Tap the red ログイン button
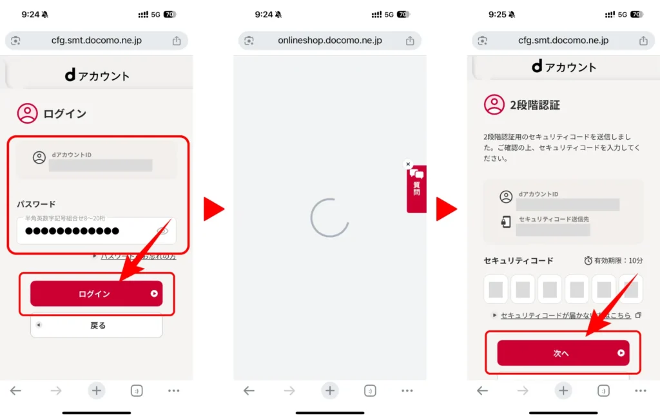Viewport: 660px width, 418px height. point(95,294)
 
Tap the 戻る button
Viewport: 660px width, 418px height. point(97,325)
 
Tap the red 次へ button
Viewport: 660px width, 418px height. point(562,353)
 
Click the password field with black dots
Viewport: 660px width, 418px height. point(84,231)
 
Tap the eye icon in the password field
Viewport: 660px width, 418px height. point(162,231)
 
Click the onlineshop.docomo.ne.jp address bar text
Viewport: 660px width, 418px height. point(329,41)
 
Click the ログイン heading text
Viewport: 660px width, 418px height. point(64,114)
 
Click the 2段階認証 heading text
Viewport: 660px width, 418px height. point(535,105)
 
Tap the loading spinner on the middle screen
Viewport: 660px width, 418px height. point(329,218)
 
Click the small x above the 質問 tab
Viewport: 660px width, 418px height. point(407,164)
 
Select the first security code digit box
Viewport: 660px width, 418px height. point(496,289)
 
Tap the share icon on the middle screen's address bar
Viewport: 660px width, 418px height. point(410,41)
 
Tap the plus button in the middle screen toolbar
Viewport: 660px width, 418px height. point(330,390)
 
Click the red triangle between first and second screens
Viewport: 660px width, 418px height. point(213,209)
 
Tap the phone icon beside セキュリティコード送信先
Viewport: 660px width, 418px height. point(506,222)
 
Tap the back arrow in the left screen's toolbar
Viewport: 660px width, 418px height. point(16,390)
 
